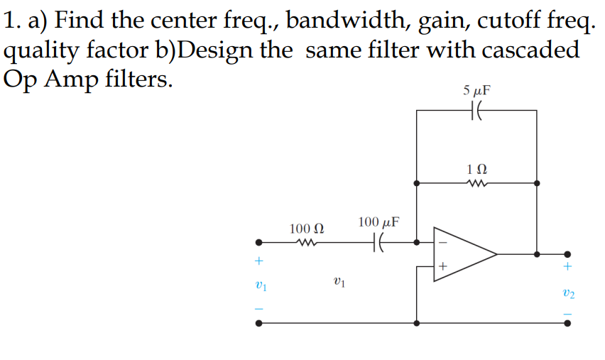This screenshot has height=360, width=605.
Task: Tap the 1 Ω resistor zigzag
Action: coord(477,183)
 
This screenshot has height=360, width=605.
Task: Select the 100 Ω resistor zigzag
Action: coord(307,243)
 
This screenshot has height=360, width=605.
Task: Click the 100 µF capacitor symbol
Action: coord(378,243)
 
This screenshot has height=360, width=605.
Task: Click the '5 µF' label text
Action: coord(476,90)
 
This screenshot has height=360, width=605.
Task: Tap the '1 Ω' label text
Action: coord(476,169)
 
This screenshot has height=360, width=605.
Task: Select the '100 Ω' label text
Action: coord(307,229)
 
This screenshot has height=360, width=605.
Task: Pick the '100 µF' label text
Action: coord(378,222)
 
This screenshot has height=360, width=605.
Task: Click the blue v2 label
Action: coord(569,293)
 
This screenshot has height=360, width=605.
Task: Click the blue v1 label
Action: coord(261,285)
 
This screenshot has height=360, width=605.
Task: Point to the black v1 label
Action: coord(339,282)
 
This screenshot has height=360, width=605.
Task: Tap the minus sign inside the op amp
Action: coord(443,243)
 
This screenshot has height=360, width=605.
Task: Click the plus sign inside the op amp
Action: coord(443,266)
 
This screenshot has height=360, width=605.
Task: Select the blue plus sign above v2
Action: coord(567,266)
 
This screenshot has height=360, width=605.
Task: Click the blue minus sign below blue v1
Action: coord(259,309)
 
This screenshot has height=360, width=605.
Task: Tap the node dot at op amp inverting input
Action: coord(417,243)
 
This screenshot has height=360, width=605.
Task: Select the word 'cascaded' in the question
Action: coord(530,50)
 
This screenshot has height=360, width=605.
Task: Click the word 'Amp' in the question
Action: coord(71,80)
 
